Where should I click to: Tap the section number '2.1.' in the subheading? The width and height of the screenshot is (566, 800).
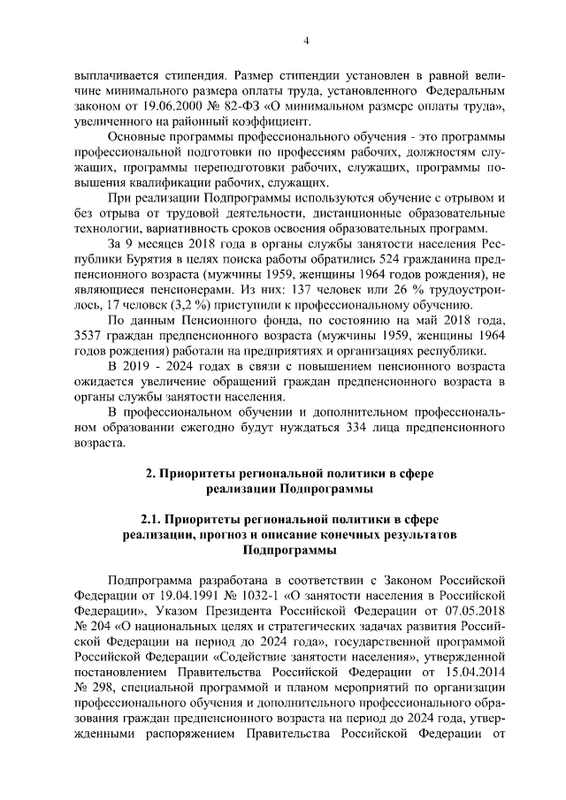151,517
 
